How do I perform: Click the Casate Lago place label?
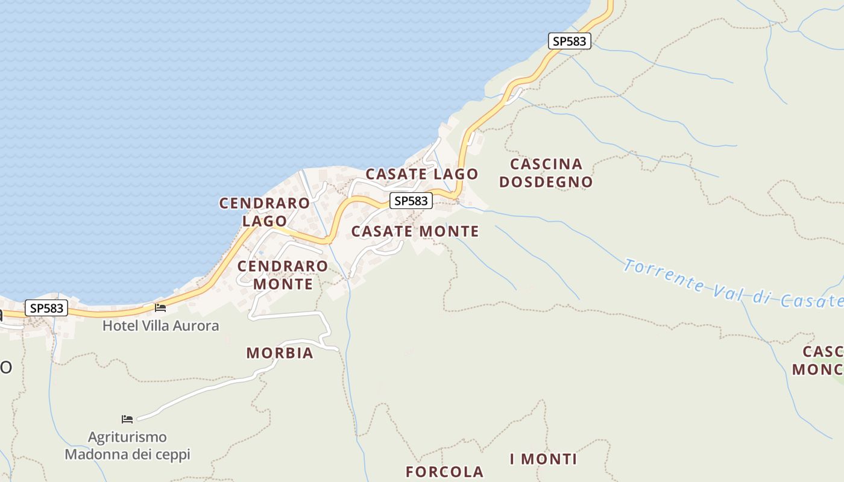click(x=421, y=174)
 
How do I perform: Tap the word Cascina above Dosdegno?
click(x=546, y=164)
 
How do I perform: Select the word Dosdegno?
click(x=546, y=182)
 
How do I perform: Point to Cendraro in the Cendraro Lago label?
click(x=264, y=204)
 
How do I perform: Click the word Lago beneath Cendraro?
click(x=264, y=221)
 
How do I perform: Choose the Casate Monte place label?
click(x=415, y=231)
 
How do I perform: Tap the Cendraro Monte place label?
click(x=283, y=275)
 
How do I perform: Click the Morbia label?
click(x=280, y=353)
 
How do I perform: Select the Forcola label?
click(x=444, y=472)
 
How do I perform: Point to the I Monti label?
click(x=543, y=459)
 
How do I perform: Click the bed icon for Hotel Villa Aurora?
click(x=160, y=307)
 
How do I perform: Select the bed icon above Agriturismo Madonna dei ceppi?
click(x=127, y=419)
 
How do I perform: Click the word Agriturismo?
click(x=127, y=437)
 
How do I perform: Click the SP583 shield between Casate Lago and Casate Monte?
click(x=411, y=201)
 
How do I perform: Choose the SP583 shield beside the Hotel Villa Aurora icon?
click(x=46, y=308)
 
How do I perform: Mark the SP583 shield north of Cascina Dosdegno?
click(x=570, y=41)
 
